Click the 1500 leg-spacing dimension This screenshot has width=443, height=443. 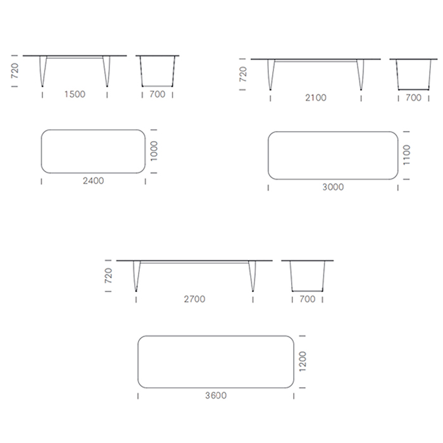click(x=75, y=94)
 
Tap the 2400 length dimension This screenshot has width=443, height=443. click(x=93, y=180)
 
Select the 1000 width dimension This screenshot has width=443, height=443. click(x=154, y=151)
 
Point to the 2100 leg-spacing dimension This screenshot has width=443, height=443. click(x=316, y=97)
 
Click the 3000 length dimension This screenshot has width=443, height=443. click(x=333, y=187)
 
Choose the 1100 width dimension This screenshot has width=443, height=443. click(x=406, y=155)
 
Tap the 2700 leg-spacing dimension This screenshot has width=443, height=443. click(x=194, y=299)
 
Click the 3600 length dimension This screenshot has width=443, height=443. click(x=216, y=396)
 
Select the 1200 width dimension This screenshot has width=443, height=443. click(x=303, y=361)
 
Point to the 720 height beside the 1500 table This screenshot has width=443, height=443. click(x=15, y=71)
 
